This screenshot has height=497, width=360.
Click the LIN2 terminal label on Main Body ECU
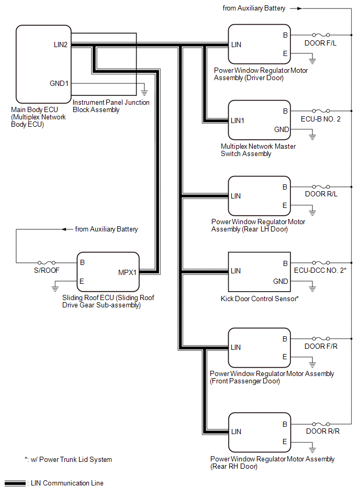click(61, 45)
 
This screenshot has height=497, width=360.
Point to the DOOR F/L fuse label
click(320, 43)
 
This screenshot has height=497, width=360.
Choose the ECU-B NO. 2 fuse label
click(320, 119)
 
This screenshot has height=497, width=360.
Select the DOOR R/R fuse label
click(320, 432)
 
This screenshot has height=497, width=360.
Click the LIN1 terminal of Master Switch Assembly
click(238, 120)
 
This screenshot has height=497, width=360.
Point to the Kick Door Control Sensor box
click(258, 272)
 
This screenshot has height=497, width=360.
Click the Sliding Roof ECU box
click(108, 272)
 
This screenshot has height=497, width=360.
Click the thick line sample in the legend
click(15, 483)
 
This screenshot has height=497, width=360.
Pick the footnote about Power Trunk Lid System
click(68, 460)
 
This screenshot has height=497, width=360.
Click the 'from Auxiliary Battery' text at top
click(254, 8)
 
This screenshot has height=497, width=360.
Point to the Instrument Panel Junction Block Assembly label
click(111, 106)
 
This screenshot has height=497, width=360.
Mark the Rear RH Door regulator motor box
click(258, 432)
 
